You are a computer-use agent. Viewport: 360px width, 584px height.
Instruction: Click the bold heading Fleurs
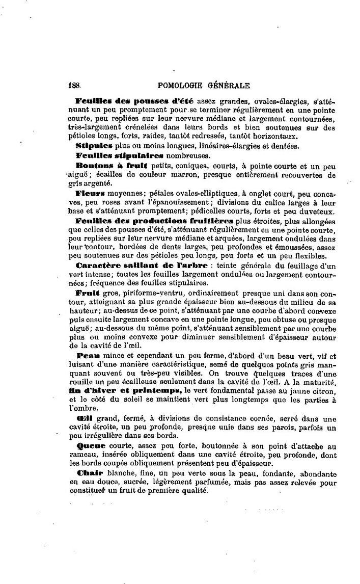pyautogui.click(x=90, y=194)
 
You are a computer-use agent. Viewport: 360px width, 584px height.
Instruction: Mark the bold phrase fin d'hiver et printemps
pyautogui.click(x=125, y=390)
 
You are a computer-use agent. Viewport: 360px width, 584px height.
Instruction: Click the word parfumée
pyautogui.click(x=239, y=482)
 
